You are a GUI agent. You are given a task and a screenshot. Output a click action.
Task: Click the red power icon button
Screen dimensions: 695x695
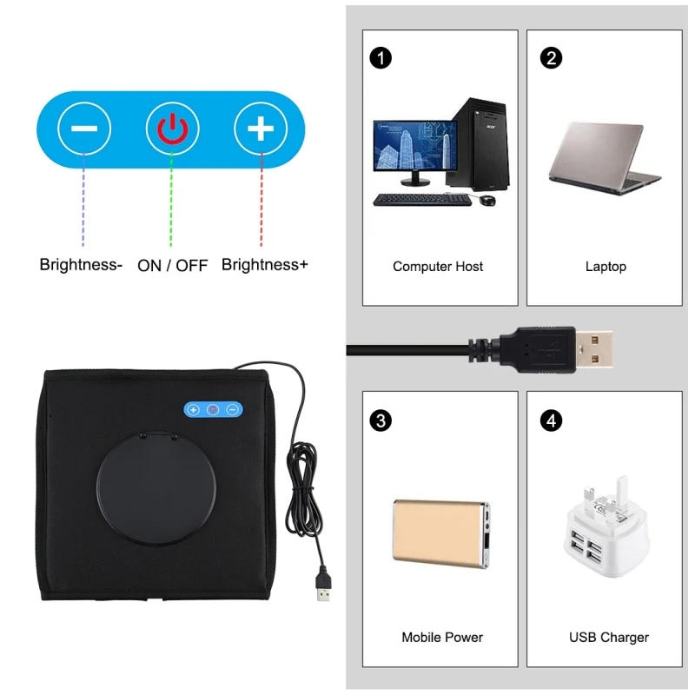tap(172, 129)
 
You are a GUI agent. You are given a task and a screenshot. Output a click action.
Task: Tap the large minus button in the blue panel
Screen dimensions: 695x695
tap(84, 129)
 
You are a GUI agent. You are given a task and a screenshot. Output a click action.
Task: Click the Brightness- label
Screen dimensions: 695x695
tap(81, 265)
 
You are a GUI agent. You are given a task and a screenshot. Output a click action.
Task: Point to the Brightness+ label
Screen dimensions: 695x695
tap(264, 265)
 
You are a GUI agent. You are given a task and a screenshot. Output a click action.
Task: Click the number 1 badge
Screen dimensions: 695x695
tap(380, 58)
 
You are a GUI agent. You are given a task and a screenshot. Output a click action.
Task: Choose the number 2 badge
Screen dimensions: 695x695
tap(551, 58)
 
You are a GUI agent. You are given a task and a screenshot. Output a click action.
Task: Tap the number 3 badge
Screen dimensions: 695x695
tap(380, 420)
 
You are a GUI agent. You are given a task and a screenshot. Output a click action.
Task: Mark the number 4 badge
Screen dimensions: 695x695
tap(551, 420)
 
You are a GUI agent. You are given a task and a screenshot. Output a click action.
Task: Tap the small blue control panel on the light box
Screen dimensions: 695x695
tap(213, 408)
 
